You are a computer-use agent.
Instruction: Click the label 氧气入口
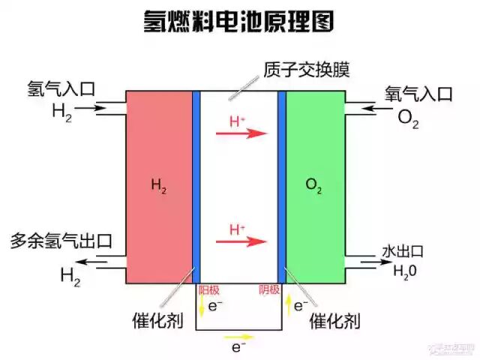[418, 94]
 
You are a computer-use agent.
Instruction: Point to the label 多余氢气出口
[61, 241]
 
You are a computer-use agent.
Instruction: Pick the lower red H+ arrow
[241, 241]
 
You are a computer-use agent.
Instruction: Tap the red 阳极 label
[208, 289]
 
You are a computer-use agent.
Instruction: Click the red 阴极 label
[269, 289]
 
